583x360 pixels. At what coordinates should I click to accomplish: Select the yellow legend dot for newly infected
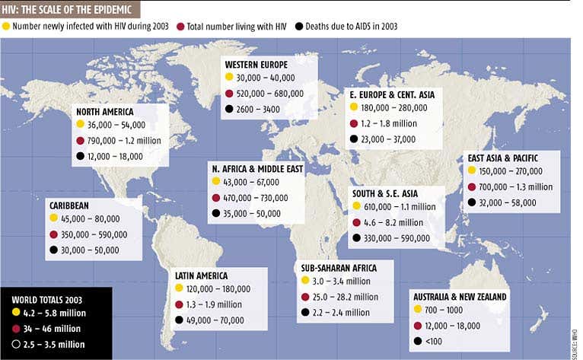coord(7,26)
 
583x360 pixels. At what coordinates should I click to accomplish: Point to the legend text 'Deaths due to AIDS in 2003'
coord(352,26)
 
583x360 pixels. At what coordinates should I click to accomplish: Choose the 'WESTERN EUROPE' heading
coord(256,63)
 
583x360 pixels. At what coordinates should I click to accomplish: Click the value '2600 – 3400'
coord(259,109)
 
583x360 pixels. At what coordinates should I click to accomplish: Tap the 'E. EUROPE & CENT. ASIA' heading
coord(391,94)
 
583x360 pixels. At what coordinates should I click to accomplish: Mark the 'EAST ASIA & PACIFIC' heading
coord(508,158)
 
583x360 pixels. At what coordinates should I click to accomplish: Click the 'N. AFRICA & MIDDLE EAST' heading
coord(258,168)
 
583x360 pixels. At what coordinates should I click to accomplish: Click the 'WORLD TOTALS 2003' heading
coord(46,298)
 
